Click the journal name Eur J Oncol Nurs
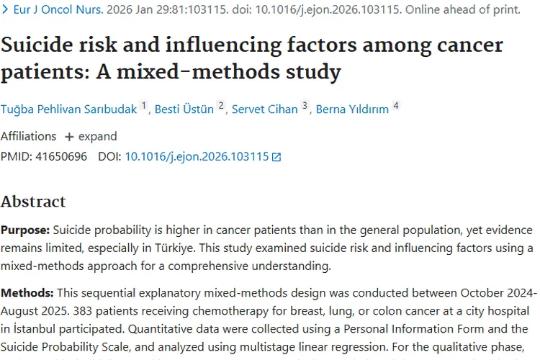pyautogui.click(x=52, y=10)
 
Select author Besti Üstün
pyautogui.click(x=184, y=109)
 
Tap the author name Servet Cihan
pyautogui.click(x=264, y=109)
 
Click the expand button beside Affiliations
pyautogui.click(x=91, y=136)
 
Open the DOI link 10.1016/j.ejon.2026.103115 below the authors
pyautogui.click(x=197, y=156)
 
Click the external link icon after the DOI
pyautogui.click(x=276, y=157)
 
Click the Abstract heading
pyautogui.click(x=33, y=201)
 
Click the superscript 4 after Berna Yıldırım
pyautogui.click(x=395, y=106)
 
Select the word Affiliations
pyautogui.click(x=28, y=136)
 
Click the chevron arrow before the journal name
pyautogui.click(x=4, y=10)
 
